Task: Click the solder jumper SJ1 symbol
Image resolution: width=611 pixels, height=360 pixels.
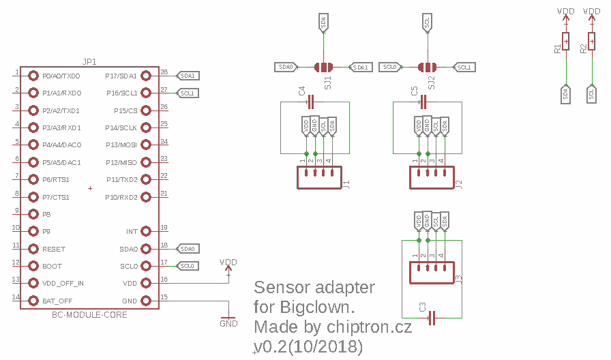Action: tap(323, 67)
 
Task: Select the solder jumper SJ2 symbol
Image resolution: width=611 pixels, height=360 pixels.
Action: tap(427, 67)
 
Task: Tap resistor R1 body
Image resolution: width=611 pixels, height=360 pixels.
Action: tap(565, 42)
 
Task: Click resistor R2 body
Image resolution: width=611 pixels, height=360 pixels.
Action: tap(591, 42)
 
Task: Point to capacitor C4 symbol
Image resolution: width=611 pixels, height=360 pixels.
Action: tap(311, 102)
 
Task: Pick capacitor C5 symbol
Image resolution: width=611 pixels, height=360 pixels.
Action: tap(423, 102)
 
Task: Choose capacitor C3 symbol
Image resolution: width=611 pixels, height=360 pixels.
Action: tap(431, 318)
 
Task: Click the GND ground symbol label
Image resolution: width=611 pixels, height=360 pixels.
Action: tap(228, 323)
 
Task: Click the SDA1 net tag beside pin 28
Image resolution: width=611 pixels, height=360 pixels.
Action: tap(188, 76)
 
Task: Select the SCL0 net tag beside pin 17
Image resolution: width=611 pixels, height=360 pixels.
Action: tap(188, 266)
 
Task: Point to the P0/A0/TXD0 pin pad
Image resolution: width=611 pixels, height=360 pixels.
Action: tap(33, 76)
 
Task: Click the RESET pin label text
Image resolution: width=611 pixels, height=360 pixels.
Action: tap(54, 250)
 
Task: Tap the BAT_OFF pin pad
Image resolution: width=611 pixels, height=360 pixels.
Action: tap(33, 301)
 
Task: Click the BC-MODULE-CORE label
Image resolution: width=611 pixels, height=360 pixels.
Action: tap(89, 315)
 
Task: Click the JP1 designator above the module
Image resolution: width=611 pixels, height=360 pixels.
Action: tap(89, 61)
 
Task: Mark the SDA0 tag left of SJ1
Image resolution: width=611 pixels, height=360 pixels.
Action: tap(286, 67)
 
